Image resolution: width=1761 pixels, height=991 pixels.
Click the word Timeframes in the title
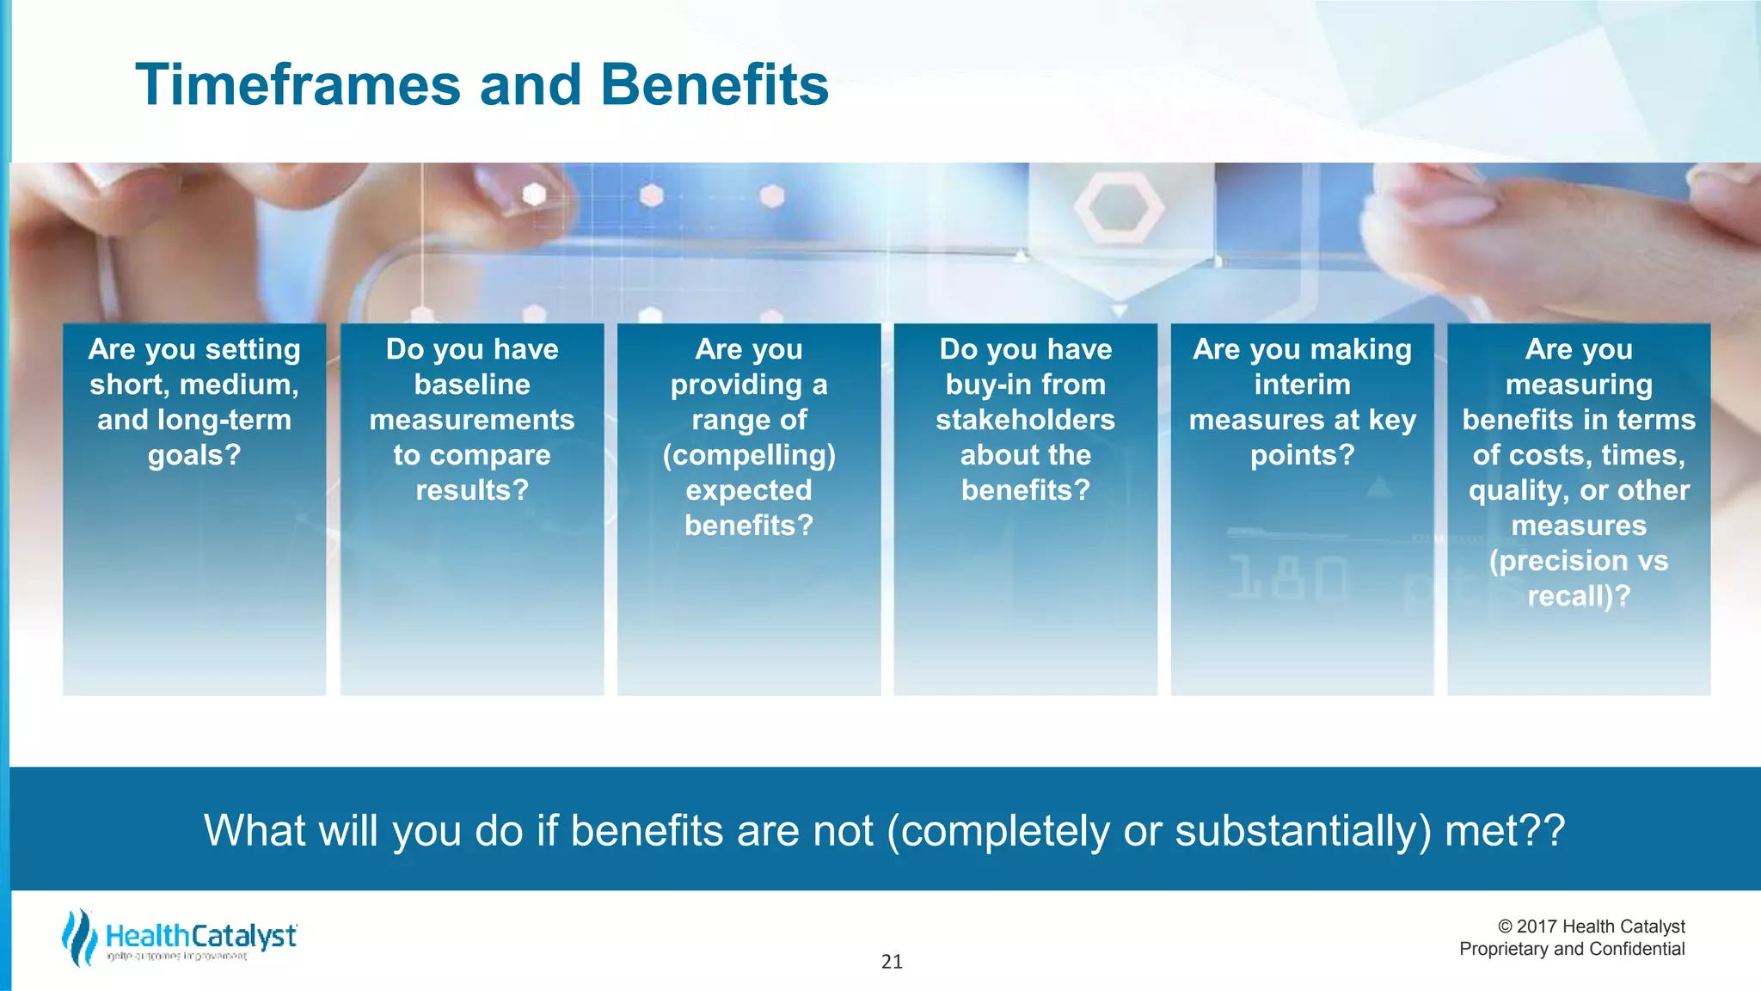click(x=297, y=86)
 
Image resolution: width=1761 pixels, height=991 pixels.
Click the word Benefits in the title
click(x=714, y=86)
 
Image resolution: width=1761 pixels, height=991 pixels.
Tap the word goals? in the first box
click(x=194, y=455)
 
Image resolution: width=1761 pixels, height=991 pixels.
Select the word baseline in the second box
click(x=472, y=385)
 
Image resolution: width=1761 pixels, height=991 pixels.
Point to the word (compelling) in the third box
click(x=749, y=455)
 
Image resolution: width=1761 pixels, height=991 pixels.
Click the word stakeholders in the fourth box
click(x=1025, y=420)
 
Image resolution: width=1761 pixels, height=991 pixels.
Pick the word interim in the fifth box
click(x=1302, y=385)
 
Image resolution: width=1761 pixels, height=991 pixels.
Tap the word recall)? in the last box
click(x=1579, y=596)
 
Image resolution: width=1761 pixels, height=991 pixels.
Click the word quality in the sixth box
click(x=1513, y=490)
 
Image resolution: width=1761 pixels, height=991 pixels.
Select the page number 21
click(x=892, y=962)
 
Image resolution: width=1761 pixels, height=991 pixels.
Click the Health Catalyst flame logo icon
click(x=79, y=938)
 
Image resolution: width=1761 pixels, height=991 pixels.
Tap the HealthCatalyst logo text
click(x=201, y=936)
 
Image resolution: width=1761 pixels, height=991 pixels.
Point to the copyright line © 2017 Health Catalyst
click(x=1591, y=926)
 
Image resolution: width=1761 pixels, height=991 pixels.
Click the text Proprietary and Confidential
click(x=1572, y=949)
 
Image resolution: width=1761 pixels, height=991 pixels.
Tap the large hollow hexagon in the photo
click(x=1118, y=207)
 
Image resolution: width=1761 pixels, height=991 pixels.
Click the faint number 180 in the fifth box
click(x=1287, y=578)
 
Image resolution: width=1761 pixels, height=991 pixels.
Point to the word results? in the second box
click(x=472, y=490)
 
